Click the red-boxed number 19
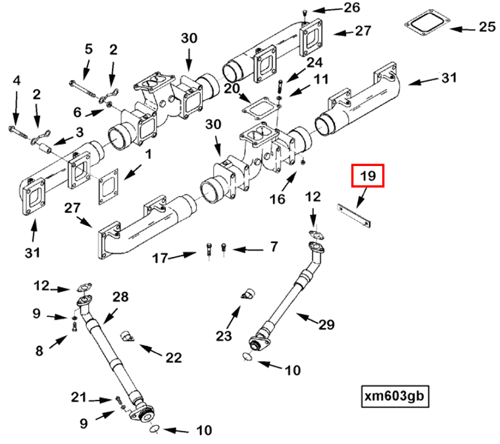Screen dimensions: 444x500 [368, 176]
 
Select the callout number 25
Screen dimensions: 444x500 [486, 28]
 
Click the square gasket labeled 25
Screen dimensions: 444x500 [427, 26]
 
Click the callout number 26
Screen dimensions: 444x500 [352, 8]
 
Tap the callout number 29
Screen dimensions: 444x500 [326, 323]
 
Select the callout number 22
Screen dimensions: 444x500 [173, 357]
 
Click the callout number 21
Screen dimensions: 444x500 [80, 397]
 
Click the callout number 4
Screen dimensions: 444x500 [16, 80]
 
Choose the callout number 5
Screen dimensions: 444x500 [88, 49]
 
